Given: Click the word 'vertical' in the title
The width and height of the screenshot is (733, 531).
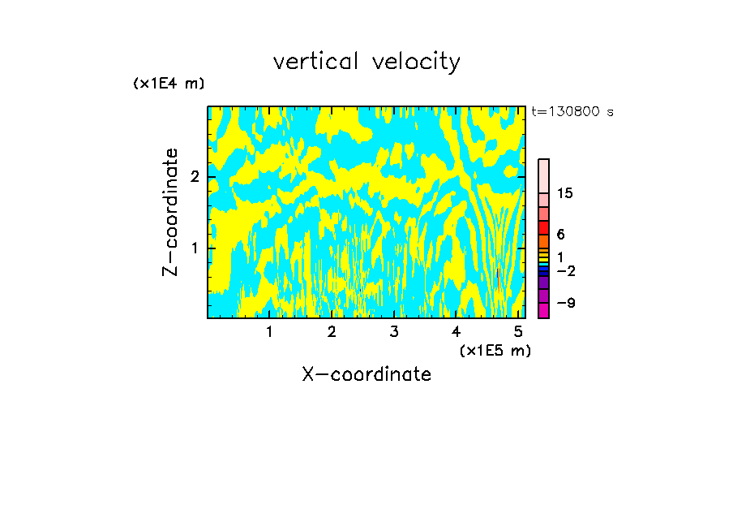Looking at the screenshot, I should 313,62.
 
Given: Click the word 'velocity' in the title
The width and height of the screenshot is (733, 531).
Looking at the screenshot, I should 416,63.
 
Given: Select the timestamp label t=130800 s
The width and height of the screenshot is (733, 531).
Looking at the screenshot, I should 572,111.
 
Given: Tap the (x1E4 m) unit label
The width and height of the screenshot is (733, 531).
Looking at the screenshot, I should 169,84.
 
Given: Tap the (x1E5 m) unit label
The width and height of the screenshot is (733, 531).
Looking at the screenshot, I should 495,350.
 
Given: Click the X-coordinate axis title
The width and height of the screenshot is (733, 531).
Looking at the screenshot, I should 366,374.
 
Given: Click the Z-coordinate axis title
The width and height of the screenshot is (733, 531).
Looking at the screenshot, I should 170,212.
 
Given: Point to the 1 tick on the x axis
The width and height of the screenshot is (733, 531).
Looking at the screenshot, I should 269,331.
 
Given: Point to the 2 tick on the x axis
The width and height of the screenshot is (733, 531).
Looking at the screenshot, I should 332,331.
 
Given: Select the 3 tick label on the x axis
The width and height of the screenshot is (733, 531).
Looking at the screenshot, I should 394,331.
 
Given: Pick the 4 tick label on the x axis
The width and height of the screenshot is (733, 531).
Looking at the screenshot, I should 457,331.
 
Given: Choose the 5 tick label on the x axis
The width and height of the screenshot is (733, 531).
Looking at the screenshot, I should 518,331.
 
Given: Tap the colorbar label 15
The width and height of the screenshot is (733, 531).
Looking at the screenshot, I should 565,193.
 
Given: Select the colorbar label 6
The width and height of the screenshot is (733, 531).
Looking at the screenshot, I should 561,235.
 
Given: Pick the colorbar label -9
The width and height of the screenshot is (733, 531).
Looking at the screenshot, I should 565,303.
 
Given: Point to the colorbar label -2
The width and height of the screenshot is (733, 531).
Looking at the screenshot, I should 565,270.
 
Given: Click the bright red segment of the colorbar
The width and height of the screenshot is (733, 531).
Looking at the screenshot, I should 543,227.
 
